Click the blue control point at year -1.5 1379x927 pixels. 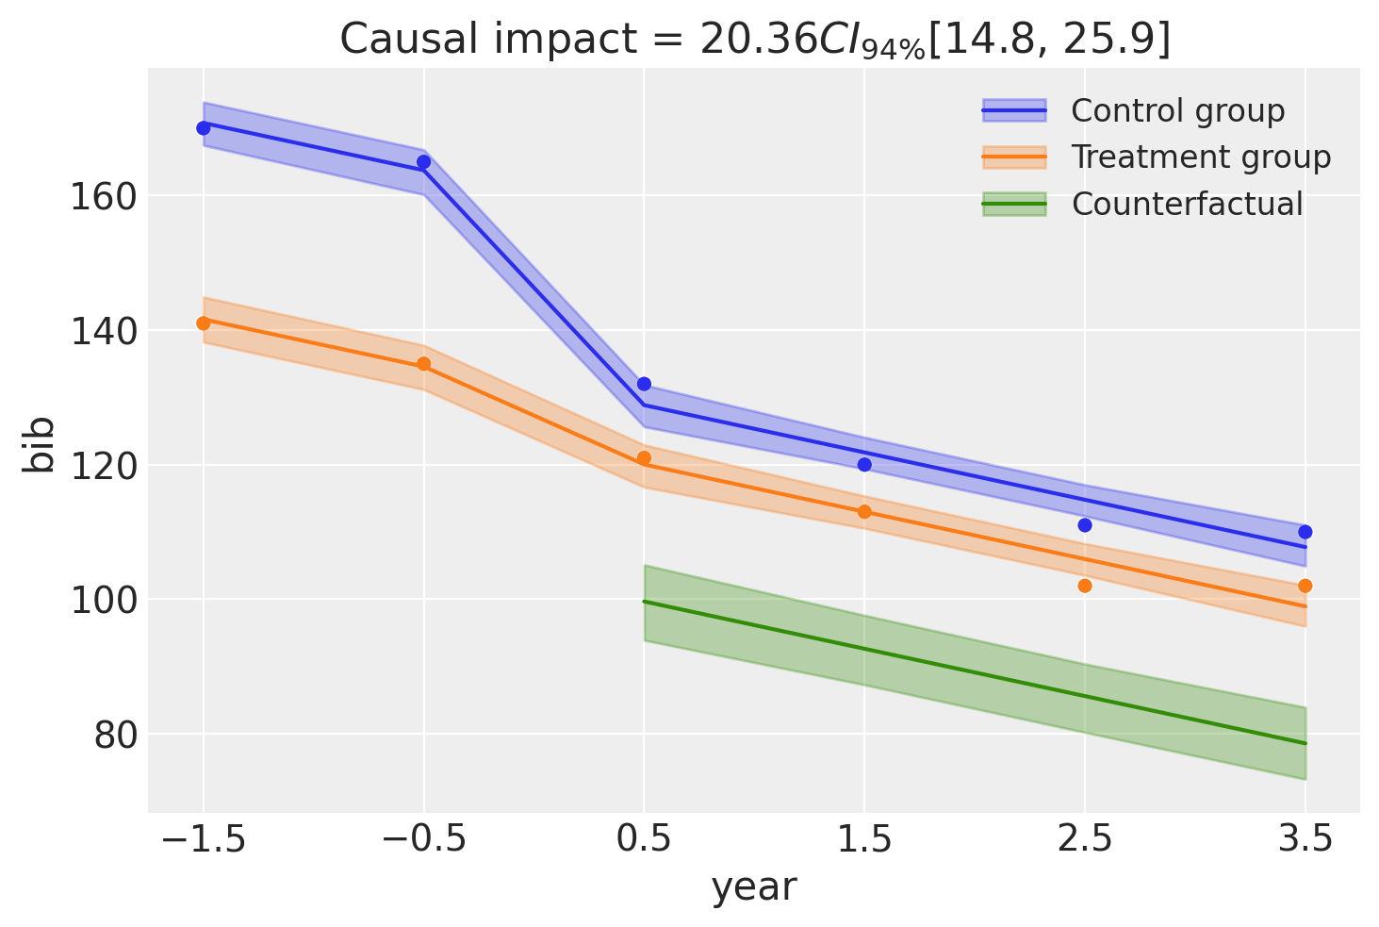click(204, 128)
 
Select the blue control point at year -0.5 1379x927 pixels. click(423, 162)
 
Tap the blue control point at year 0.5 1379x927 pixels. click(644, 384)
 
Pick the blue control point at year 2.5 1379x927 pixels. click(1085, 525)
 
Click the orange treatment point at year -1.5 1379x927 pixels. click(204, 323)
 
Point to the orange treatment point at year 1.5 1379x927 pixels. click(864, 512)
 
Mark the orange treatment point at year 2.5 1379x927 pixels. click(1085, 586)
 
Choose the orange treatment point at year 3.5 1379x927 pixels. click(1305, 586)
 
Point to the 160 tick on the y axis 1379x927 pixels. click(103, 198)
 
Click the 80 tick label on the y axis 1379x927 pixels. click(114, 737)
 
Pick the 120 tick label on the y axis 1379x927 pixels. click(103, 467)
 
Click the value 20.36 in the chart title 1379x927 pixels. click(758, 40)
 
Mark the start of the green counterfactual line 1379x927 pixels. click(644, 601)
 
